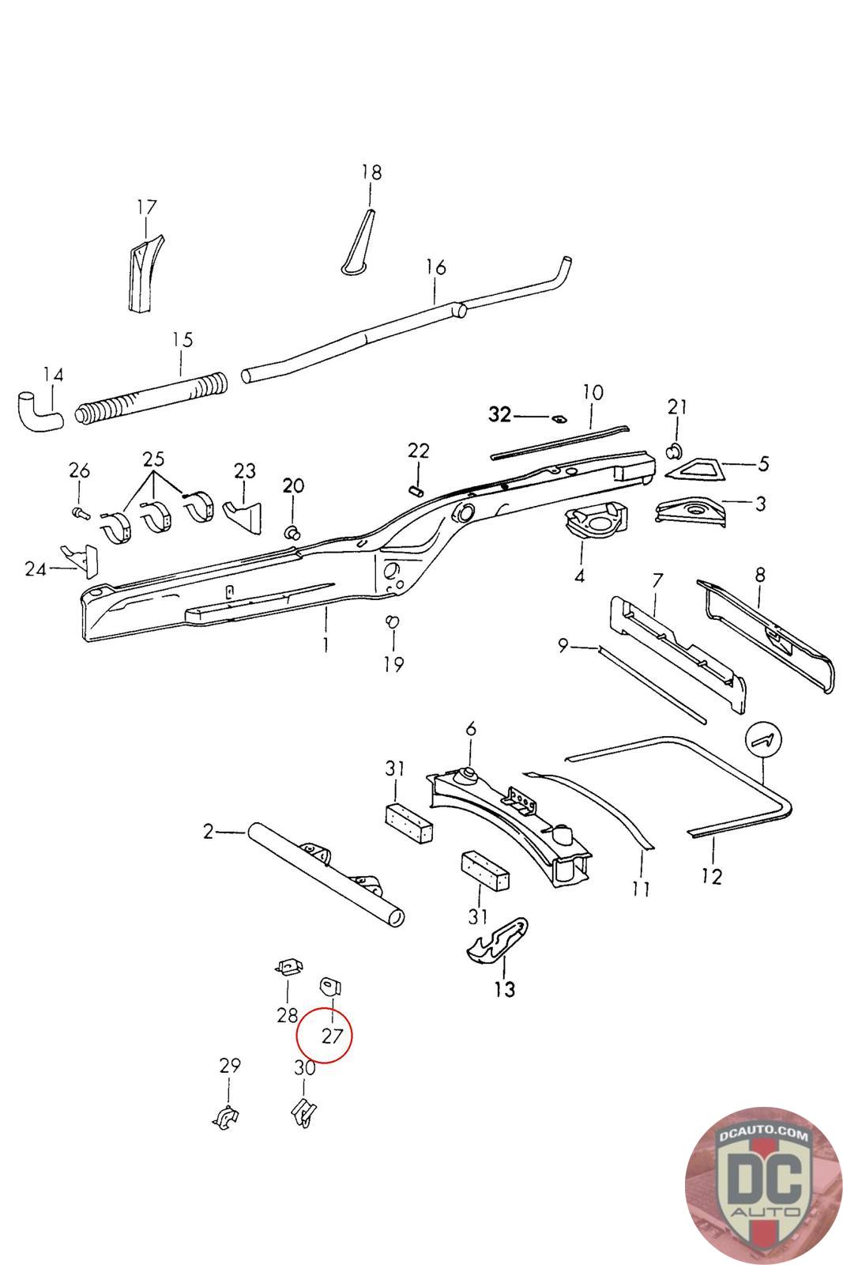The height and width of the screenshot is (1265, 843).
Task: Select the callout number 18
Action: click(371, 172)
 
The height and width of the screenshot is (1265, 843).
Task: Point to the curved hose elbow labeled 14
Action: click(38, 410)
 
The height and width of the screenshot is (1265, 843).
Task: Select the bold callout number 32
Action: click(499, 415)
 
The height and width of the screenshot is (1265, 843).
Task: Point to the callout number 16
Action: click(435, 267)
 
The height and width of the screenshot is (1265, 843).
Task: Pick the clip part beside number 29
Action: click(227, 1118)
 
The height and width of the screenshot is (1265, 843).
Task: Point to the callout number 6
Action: click(471, 728)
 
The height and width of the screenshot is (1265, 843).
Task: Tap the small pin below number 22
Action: click(417, 491)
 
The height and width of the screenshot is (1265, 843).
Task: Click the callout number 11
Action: click(641, 888)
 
